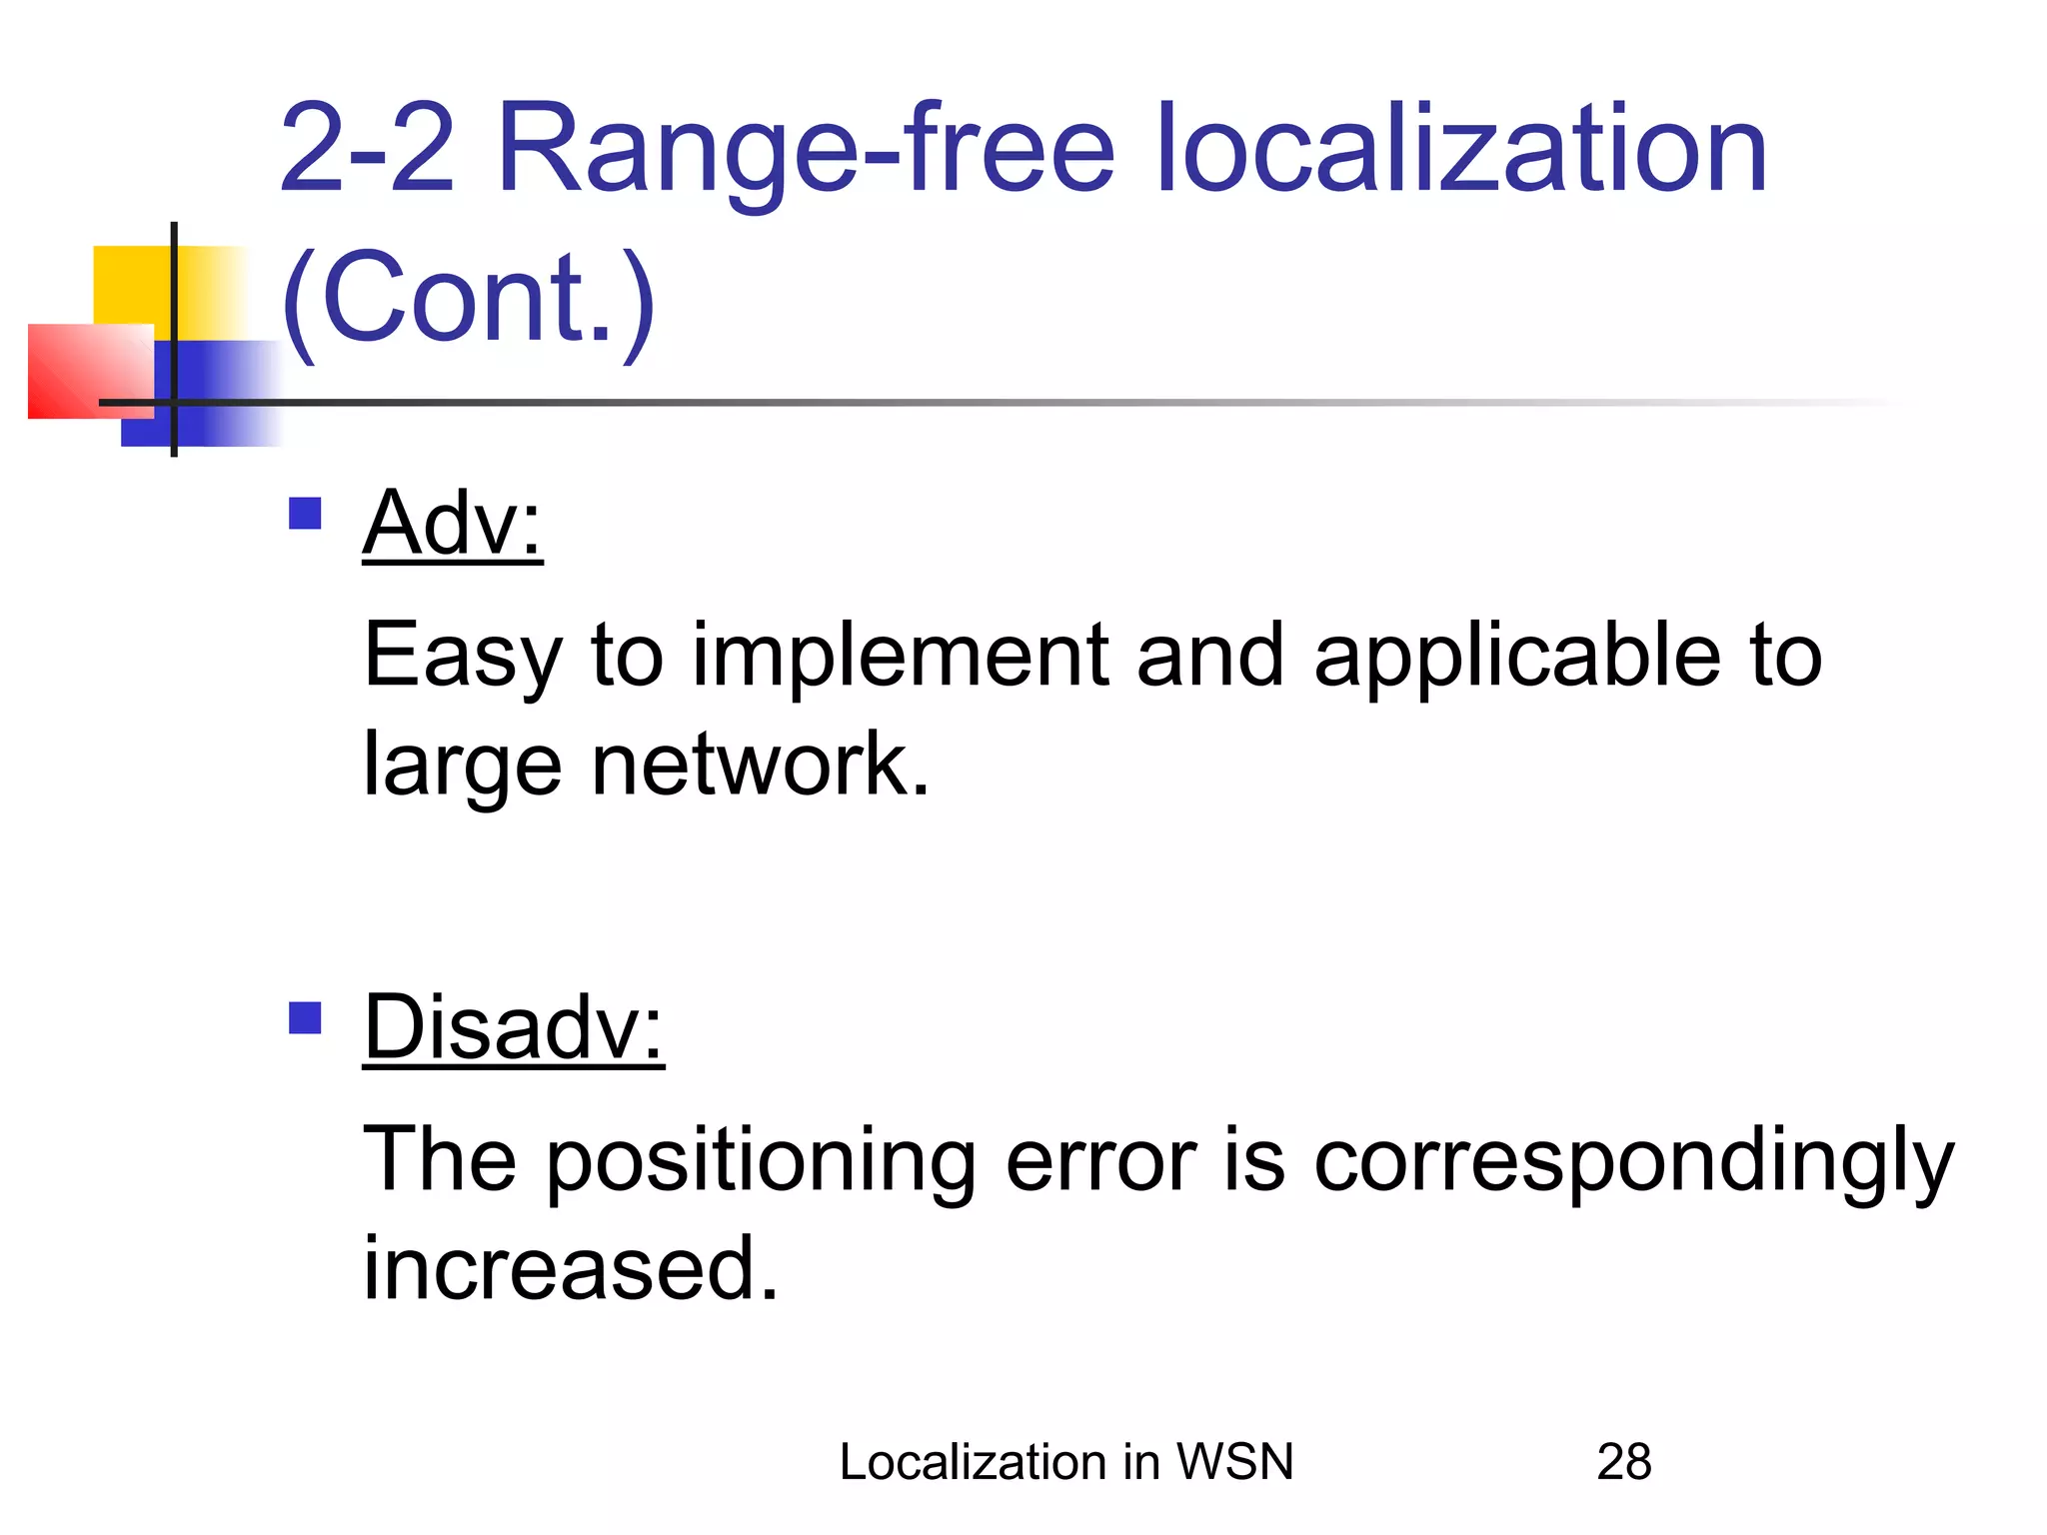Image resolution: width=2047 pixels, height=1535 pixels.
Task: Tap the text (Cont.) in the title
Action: pyautogui.click(x=468, y=298)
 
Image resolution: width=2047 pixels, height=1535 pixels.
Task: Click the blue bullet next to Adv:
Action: pyautogui.click(x=305, y=514)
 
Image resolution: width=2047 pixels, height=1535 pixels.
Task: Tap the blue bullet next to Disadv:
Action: pyautogui.click(x=305, y=1018)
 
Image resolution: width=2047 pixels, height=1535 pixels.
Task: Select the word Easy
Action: pyautogui.click(x=463, y=658)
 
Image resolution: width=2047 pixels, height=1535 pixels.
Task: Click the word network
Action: pyautogui.click(x=760, y=765)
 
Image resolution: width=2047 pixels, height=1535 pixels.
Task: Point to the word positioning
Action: pyautogui.click(x=761, y=1162)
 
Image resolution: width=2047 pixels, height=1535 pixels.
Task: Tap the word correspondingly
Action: pyautogui.click(x=1633, y=1162)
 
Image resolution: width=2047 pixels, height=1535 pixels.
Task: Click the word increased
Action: pyautogui.click(x=570, y=1269)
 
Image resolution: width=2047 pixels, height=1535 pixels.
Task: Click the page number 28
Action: pyautogui.click(x=1624, y=1462)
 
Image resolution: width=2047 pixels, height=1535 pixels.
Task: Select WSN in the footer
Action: pyautogui.click(x=1234, y=1462)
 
